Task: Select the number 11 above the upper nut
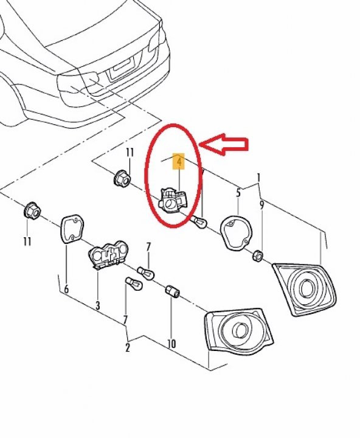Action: point(129,153)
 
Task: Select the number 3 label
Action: point(97,305)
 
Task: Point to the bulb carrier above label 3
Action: point(108,254)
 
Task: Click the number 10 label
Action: point(172,344)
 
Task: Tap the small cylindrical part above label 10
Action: point(171,293)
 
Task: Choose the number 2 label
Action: point(128,348)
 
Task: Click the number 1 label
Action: point(258,178)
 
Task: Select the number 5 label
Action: point(238,193)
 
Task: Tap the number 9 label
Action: point(261,205)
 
